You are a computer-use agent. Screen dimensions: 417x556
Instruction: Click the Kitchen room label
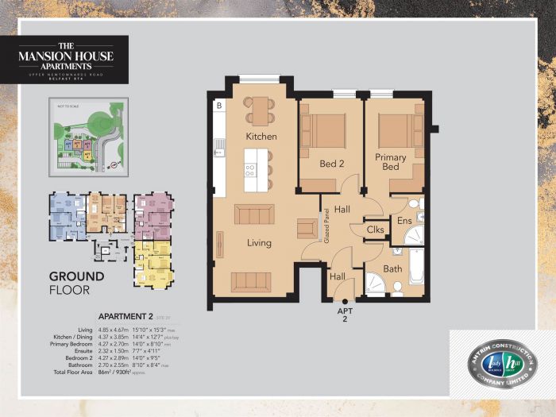261,137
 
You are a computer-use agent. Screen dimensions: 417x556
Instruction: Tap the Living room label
259,243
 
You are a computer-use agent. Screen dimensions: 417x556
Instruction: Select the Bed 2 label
330,164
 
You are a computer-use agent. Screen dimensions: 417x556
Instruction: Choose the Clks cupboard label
376,230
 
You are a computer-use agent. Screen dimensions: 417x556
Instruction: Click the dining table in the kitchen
260,110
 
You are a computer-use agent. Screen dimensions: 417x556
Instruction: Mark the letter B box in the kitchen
219,105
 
